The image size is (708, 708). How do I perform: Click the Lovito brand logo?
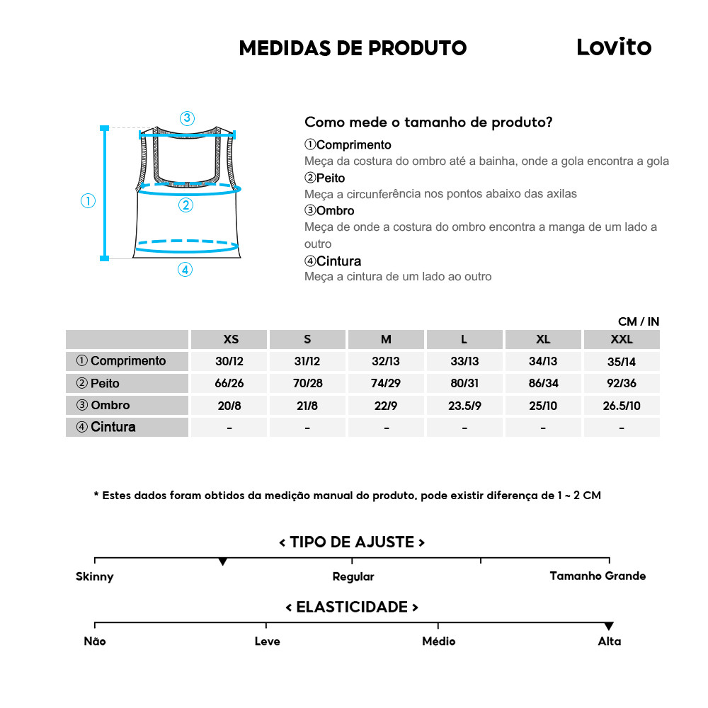pos(613,47)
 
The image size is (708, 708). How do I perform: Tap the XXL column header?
pos(622,339)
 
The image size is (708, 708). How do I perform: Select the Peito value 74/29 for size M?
pos(386,383)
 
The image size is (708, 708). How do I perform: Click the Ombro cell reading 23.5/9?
pos(464,405)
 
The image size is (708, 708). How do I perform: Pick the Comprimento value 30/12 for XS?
pos(229,361)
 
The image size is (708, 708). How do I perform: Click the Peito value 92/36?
pos(622,383)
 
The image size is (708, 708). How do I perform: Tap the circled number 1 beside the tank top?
pos(88,201)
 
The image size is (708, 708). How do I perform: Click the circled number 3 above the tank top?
pos(187,118)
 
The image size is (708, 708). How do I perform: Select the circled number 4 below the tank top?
pos(185,269)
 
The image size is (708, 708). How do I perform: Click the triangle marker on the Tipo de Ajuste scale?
pos(223,561)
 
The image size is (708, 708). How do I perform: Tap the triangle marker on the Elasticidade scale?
pos(609,627)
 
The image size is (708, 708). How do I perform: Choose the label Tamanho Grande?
pos(598,576)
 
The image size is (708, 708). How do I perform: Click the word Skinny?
pos(95,576)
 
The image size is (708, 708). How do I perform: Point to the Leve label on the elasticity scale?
pos(267,641)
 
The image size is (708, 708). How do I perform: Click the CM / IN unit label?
pos(639,321)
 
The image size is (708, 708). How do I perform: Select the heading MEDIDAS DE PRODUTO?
pos(353,48)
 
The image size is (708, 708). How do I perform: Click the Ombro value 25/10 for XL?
pos(543,405)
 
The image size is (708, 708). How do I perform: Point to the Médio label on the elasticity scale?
pos(438,641)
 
